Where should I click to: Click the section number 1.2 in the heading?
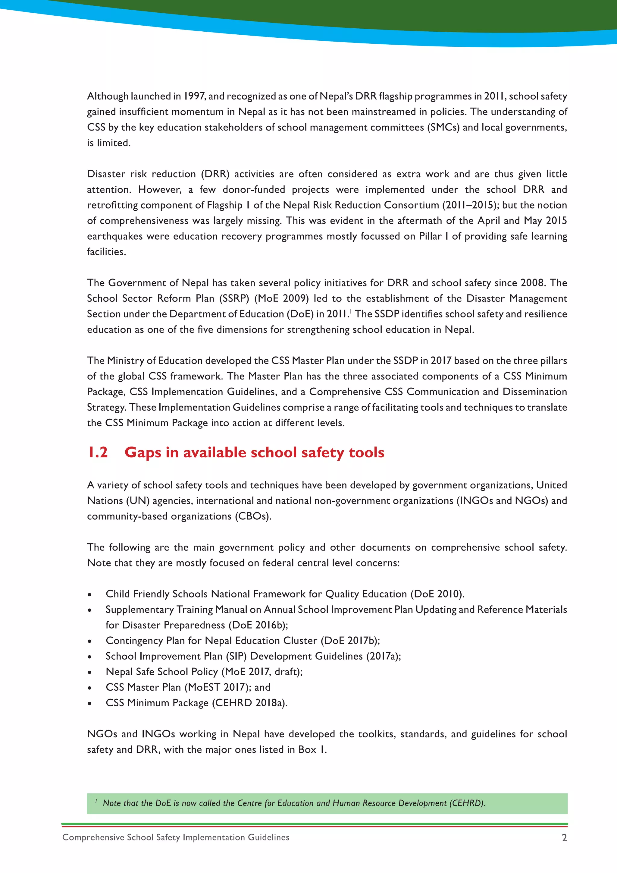(98, 452)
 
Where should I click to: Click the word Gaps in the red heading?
(143, 452)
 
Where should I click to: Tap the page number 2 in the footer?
(564, 838)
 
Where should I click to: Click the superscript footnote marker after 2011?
(351, 311)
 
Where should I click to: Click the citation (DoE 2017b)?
(350, 641)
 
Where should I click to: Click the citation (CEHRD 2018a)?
(249, 703)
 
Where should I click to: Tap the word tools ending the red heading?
(366, 452)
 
